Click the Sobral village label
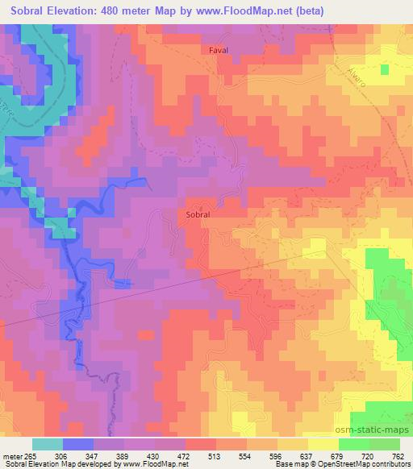198,215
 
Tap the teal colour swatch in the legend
48,444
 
